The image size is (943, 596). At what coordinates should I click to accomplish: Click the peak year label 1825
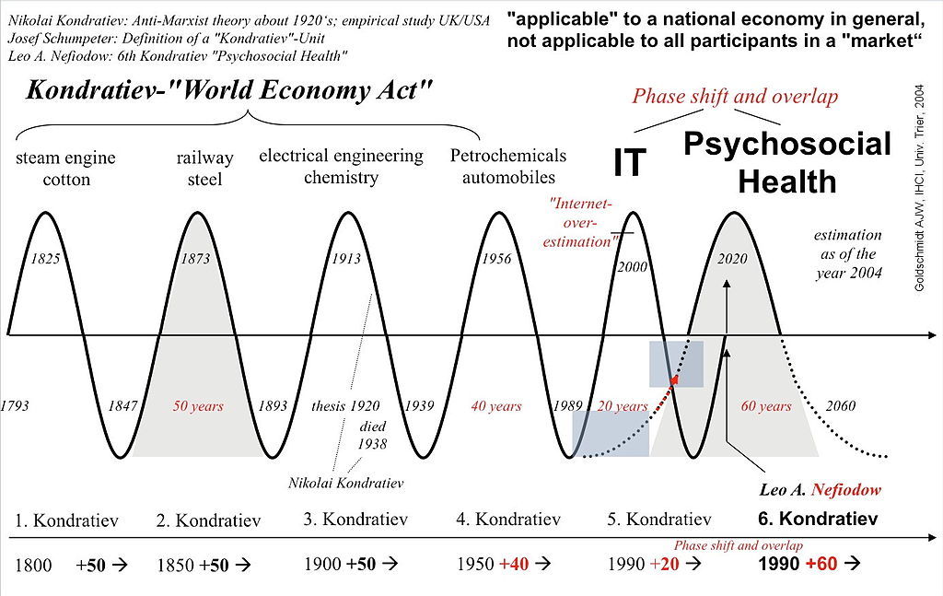point(45,259)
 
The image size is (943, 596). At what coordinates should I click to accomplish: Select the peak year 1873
point(195,259)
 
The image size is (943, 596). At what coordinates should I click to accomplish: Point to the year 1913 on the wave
point(346,259)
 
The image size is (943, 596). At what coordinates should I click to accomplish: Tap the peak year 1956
point(496,259)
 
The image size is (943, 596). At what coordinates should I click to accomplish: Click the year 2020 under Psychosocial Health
point(734,259)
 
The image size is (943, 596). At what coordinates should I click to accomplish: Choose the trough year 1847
point(122,405)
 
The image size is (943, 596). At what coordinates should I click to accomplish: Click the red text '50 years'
point(198,405)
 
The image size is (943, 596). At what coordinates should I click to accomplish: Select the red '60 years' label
point(766,405)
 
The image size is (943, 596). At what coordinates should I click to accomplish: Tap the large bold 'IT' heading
point(630,163)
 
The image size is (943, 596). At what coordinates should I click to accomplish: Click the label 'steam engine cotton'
point(65,169)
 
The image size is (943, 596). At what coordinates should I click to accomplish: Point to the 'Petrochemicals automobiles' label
point(507,166)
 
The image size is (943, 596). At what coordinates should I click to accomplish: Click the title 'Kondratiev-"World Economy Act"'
point(229,90)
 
